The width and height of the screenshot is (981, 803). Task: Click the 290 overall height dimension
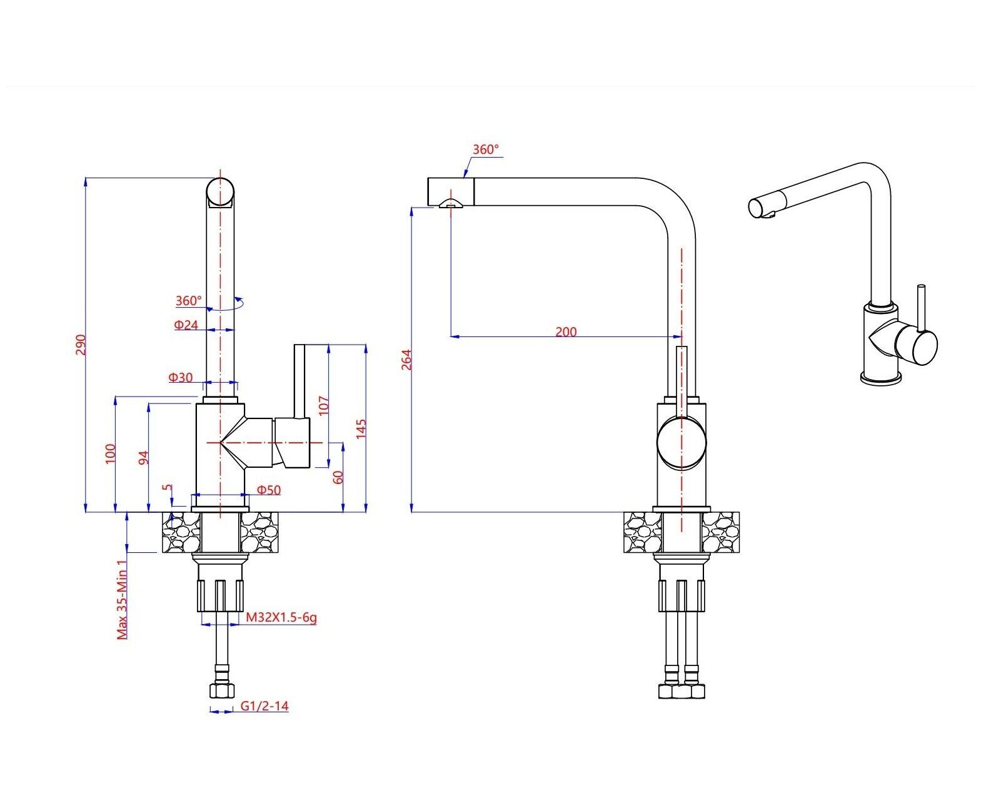(x=81, y=345)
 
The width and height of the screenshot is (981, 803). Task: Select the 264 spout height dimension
(x=406, y=360)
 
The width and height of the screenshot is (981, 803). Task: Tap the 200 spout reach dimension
(x=566, y=331)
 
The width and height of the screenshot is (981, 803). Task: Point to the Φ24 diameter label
(x=186, y=325)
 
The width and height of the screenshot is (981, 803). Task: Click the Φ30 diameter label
(x=181, y=377)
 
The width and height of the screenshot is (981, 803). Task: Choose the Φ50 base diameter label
(x=269, y=490)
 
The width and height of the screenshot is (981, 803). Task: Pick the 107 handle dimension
(x=323, y=405)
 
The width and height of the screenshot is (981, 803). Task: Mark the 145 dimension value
(x=361, y=429)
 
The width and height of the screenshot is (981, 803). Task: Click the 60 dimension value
(x=338, y=477)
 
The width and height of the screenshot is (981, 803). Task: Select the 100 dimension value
(x=111, y=453)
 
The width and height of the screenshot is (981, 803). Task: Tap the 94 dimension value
(x=143, y=458)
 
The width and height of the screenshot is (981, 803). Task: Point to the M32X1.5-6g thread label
(x=281, y=617)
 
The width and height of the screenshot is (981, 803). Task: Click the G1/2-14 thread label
(x=264, y=706)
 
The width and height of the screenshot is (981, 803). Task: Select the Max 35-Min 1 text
(x=123, y=599)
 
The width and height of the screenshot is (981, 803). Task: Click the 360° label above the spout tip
(x=486, y=149)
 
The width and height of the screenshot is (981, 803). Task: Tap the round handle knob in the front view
(x=681, y=442)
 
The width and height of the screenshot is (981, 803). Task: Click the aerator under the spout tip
(x=450, y=203)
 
